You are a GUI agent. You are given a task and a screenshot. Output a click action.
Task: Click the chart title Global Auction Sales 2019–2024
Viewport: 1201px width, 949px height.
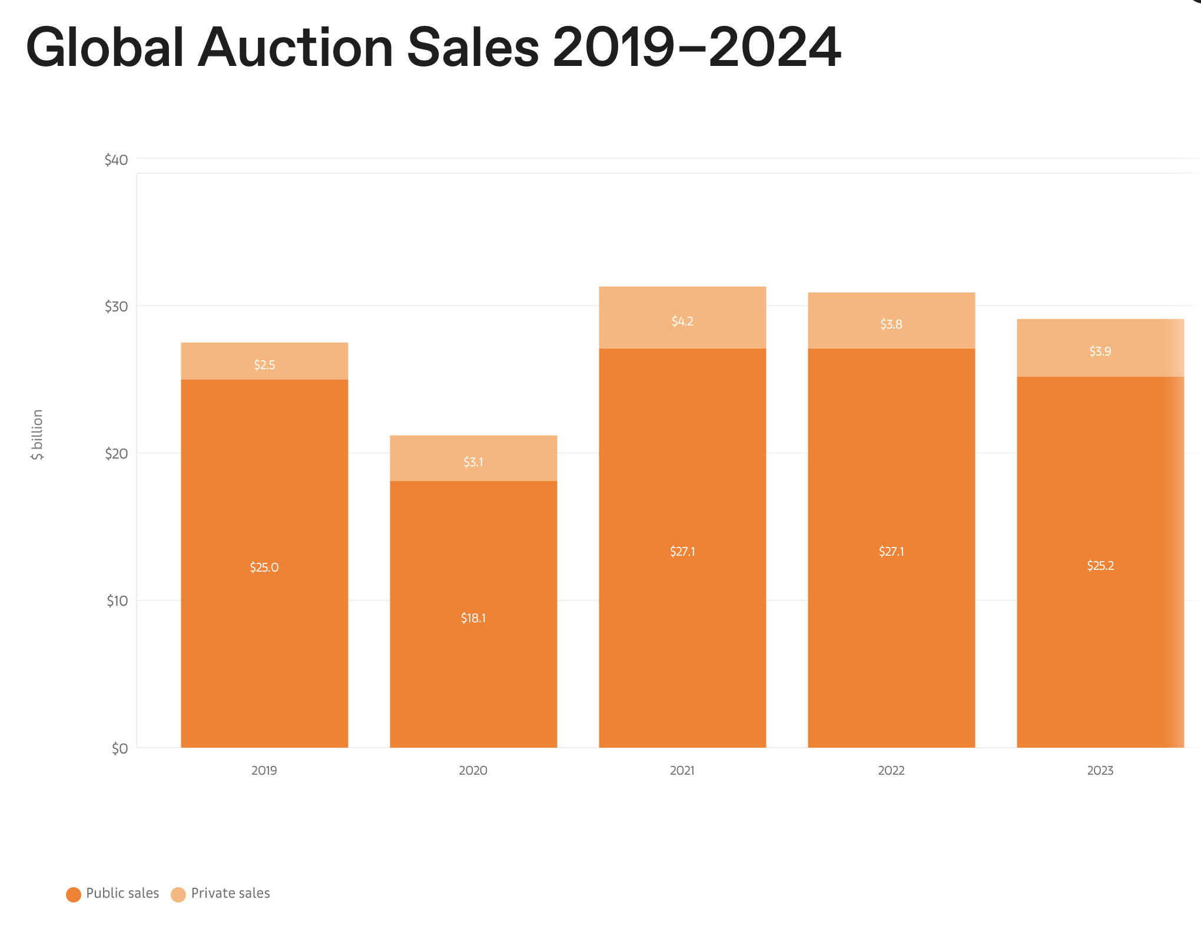click(433, 47)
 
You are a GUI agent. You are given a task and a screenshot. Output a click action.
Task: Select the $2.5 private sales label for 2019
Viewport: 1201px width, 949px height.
click(264, 364)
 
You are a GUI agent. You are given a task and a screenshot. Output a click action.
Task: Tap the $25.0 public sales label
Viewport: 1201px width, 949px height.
click(264, 567)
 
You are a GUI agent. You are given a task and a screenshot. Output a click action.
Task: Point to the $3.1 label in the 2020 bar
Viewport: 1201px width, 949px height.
click(473, 462)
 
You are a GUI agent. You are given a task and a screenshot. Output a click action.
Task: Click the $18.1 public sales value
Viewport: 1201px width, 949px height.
click(473, 618)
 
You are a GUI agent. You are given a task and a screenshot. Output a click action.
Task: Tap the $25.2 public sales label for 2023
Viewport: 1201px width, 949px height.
click(1100, 565)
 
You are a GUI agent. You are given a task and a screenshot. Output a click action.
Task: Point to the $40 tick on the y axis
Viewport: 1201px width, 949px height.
click(116, 160)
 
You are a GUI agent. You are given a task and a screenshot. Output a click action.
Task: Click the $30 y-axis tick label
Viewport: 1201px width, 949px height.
click(116, 306)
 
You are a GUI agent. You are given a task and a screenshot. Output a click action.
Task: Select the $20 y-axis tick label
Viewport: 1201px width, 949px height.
click(116, 453)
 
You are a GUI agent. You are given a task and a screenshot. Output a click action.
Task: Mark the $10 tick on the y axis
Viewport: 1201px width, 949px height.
click(117, 600)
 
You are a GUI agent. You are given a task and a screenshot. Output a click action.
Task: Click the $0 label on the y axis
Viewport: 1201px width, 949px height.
click(120, 748)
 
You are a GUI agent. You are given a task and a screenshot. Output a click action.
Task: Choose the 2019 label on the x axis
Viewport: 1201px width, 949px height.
click(264, 770)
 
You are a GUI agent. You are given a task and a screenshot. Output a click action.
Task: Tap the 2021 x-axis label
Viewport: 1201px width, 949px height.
click(682, 770)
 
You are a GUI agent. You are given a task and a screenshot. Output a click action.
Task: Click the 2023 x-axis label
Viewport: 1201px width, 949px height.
click(1100, 770)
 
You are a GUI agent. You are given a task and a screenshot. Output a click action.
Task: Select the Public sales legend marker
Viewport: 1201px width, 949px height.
click(74, 894)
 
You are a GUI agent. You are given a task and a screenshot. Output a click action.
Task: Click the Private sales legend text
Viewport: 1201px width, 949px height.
click(230, 893)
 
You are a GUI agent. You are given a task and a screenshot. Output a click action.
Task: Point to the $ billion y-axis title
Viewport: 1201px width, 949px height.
click(37, 434)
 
